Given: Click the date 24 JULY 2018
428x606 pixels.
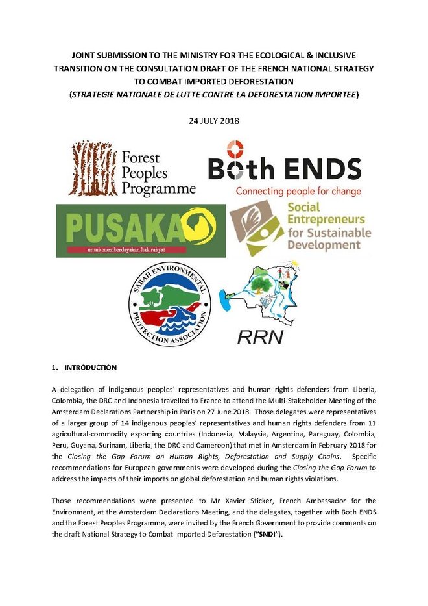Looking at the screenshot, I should [213, 121].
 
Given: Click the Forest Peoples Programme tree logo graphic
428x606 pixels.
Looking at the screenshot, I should [93, 168].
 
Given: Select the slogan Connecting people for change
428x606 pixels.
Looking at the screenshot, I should [298, 192].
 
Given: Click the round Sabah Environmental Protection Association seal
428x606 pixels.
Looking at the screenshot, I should [170, 304].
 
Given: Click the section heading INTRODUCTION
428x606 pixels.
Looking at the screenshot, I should [90, 368].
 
